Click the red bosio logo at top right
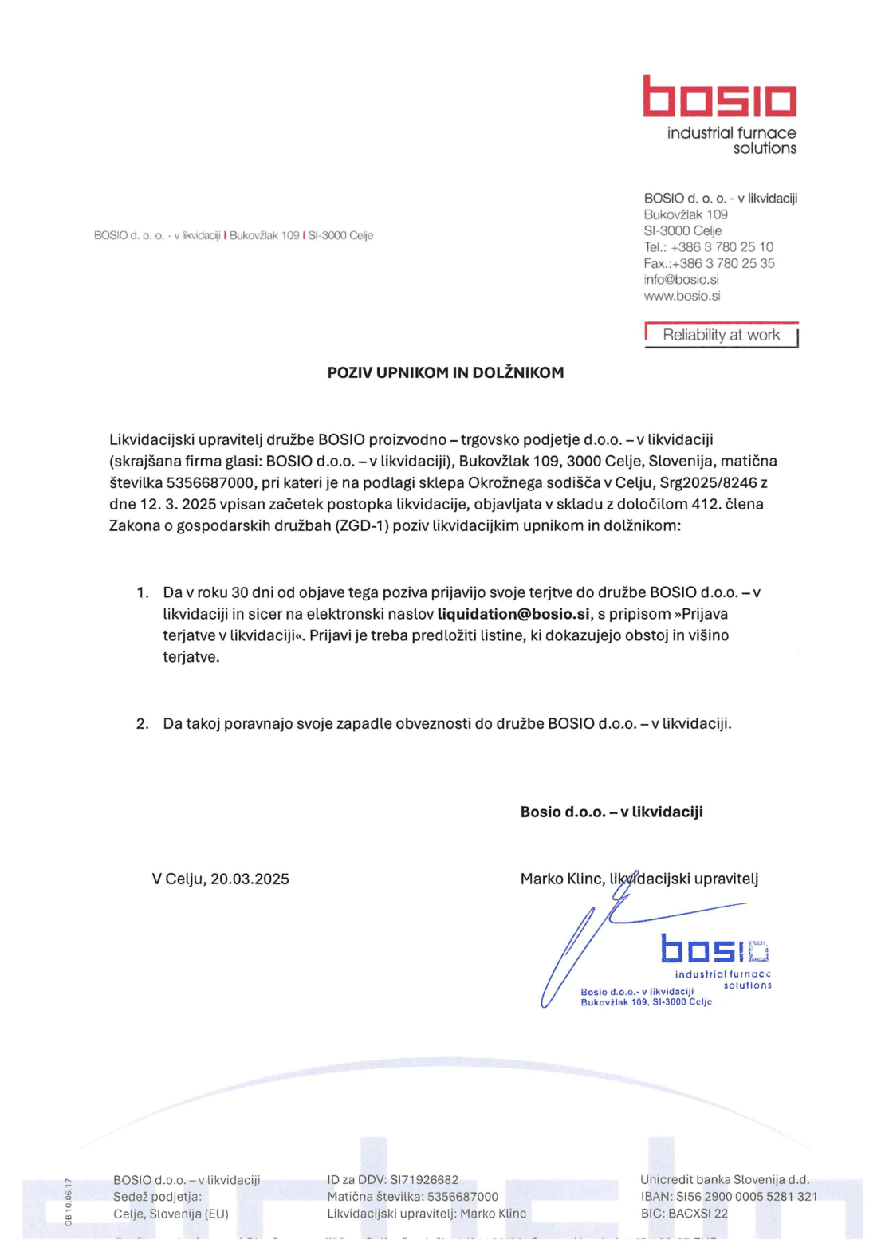coord(720,97)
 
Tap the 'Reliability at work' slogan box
coord(721,336)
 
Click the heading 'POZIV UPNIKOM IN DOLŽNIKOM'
coord(446,372)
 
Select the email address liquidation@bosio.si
coord(513,614)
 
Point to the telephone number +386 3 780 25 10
coord(722,247)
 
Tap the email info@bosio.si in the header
coord(681,280)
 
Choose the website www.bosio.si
coord(682,296)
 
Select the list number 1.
coord(143,592)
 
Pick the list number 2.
coord(143,723)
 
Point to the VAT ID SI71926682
coord(424,1180)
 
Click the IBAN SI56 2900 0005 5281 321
coord(746,1197)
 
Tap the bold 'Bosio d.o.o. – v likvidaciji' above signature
coord(612,812)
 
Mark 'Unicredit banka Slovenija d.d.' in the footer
coord(725,1180)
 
